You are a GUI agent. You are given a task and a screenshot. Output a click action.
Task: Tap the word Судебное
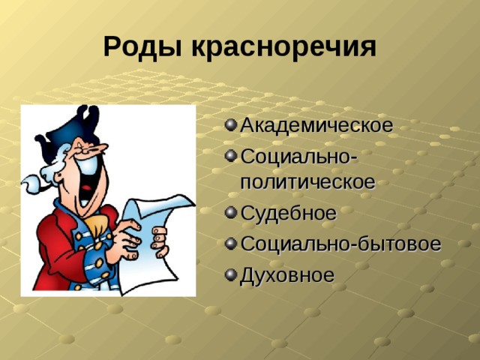pos(288,213)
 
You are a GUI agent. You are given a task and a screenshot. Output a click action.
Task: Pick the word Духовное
pos(286,275)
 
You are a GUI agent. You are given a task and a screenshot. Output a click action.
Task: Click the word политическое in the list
pos(307,182)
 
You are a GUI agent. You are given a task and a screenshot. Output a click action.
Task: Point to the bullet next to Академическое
pos(229,124)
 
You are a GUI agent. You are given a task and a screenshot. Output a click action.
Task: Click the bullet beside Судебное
pos(229,213)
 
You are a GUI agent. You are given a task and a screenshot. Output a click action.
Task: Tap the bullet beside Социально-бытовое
pos(229,244)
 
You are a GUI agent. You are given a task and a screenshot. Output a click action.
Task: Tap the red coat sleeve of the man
pos(56,247)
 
